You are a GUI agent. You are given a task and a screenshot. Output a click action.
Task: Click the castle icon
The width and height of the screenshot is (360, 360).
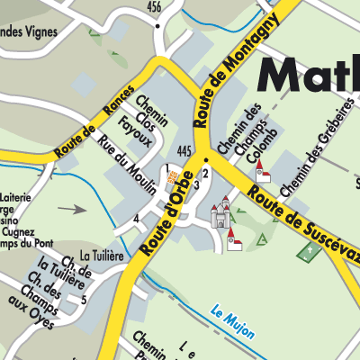[x=220, y=214]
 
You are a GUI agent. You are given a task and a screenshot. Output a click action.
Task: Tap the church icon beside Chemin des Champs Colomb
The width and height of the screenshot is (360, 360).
[x=263, y=173]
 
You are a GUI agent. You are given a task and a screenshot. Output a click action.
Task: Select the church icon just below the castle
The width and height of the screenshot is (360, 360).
[x=234, y=239]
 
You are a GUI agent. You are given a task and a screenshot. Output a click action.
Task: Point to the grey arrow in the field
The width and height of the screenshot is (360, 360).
[x=73, y=209]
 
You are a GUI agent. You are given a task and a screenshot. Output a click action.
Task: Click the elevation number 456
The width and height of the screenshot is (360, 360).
[x=155, y=7]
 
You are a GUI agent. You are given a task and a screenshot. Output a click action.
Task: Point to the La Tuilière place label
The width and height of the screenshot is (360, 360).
[x=100, y=256]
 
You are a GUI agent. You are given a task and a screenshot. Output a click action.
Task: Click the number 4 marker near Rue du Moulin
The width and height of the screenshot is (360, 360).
[x=136, y=219]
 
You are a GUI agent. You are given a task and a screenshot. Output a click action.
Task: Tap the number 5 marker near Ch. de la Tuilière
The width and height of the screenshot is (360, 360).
[x=84, y=299]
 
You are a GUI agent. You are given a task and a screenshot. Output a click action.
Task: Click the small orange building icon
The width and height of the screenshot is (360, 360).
[x=174, y=183]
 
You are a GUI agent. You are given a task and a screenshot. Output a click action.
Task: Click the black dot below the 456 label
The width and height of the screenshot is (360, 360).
[x=157, y=25]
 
